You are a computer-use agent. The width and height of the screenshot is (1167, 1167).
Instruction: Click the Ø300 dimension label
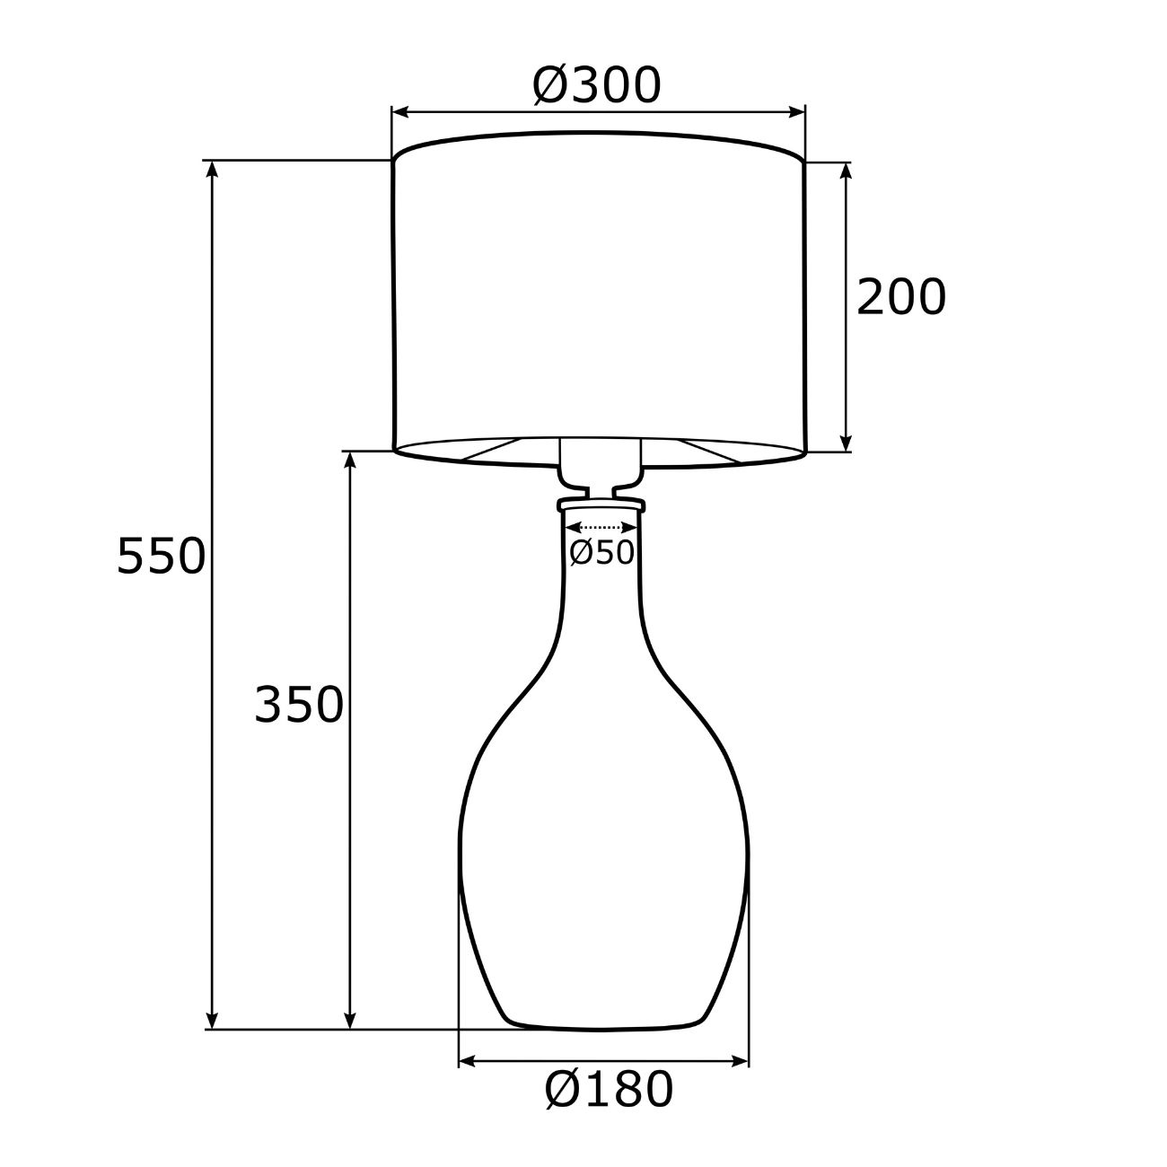click(597, 85)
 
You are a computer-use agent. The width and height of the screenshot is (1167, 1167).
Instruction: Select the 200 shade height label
click(901, 297)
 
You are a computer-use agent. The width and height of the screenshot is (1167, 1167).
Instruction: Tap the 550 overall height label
click(161, 556)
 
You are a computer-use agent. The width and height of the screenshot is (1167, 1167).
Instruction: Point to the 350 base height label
click(299, 705)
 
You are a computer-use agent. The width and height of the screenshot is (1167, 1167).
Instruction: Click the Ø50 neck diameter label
click(602, 552)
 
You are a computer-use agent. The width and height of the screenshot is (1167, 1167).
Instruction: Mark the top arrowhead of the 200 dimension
click(846, 171)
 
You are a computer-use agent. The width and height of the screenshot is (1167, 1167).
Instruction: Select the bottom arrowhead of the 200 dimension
click(846, 442)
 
